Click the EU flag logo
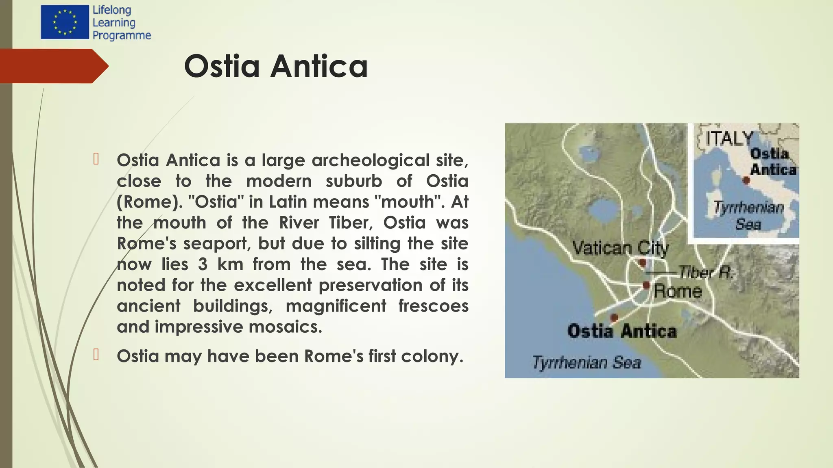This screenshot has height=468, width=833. coord(64,22)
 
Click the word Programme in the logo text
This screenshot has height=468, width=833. coord(122,36)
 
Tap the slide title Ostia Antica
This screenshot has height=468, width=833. coord(276,66)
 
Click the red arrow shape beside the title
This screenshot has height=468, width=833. coord(53,66)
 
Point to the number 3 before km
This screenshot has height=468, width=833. coord(203,264)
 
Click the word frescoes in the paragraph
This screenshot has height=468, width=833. coord(433,306)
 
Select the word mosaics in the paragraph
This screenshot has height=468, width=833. coord(285,327)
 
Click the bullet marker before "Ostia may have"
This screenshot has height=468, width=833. coord(96,355)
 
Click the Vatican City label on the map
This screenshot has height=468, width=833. coord(620,247)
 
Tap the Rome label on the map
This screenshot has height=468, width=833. coord(678,291)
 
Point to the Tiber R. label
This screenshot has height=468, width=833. coord(706,272)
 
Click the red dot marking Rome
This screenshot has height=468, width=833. coord(646,285)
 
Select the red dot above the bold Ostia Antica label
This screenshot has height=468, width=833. coord(614,317)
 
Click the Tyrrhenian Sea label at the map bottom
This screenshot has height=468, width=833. coord(586,362)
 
